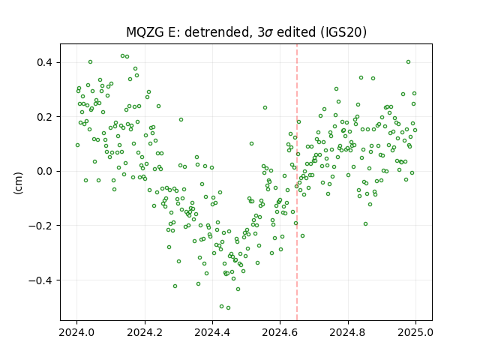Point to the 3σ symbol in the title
tap(264, 32)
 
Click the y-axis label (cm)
tap(18, 183)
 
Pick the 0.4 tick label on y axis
tap(45, 62)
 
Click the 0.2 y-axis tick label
tap(45, 117)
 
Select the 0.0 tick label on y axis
tap(45, 171)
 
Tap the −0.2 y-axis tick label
tap(41, 226)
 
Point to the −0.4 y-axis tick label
tap(41, 280)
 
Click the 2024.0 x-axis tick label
tap(76, 332)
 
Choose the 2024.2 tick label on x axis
tap(145, 332)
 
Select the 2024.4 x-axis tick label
tap(212, 332)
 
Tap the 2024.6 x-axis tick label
tap(280, 332)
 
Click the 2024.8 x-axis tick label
tap(348, 332)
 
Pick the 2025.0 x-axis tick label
tap(415, 332)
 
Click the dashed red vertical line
tap(297, 182)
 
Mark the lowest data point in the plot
tap(228, 307)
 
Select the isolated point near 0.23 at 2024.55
tap(265, 107)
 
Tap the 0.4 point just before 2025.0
tap(408, 61)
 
